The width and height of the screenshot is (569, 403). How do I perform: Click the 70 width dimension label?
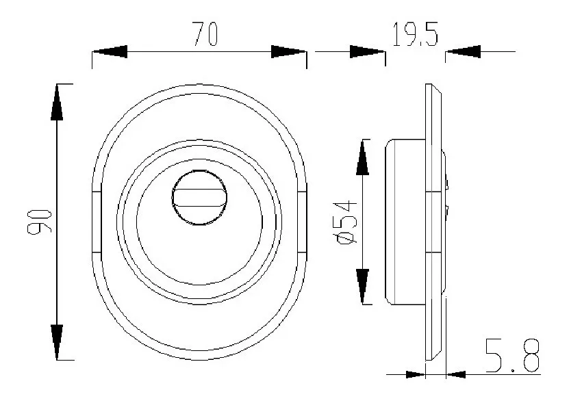pyautogui.click(x=204, y=34)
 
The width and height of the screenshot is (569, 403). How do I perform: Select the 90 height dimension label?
pyautogui.click(x=40, y=221)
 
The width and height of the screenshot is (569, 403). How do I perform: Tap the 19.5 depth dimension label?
pyautogui.click(x=415, y=34)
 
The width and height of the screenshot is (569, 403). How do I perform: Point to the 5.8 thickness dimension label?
pyautogui.click(x=513, y=355)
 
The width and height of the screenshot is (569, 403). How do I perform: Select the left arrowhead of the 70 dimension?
pyautogui.click(x=110, y=52)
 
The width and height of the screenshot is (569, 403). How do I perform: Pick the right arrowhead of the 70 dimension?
pyautogui.click(x=288, y=52)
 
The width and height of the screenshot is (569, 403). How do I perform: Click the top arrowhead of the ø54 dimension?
pyautogui.click(x=363, y=157)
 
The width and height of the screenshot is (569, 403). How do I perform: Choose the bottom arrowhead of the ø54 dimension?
pyautogui.click(x=363, y=287)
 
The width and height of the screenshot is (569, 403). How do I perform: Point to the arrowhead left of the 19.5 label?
pyautogui.click(x=368, y=52)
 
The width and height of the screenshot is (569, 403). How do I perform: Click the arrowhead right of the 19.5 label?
pyautogui.click(x=463, y=52)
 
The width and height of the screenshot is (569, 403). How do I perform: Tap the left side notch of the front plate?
pyautogui.click(x=97, y=222)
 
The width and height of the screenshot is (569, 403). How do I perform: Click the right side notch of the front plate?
pyautogui.click(x=302, y=222)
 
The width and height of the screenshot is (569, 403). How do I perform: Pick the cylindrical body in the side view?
pyautogui.click(x=406, y=222)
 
